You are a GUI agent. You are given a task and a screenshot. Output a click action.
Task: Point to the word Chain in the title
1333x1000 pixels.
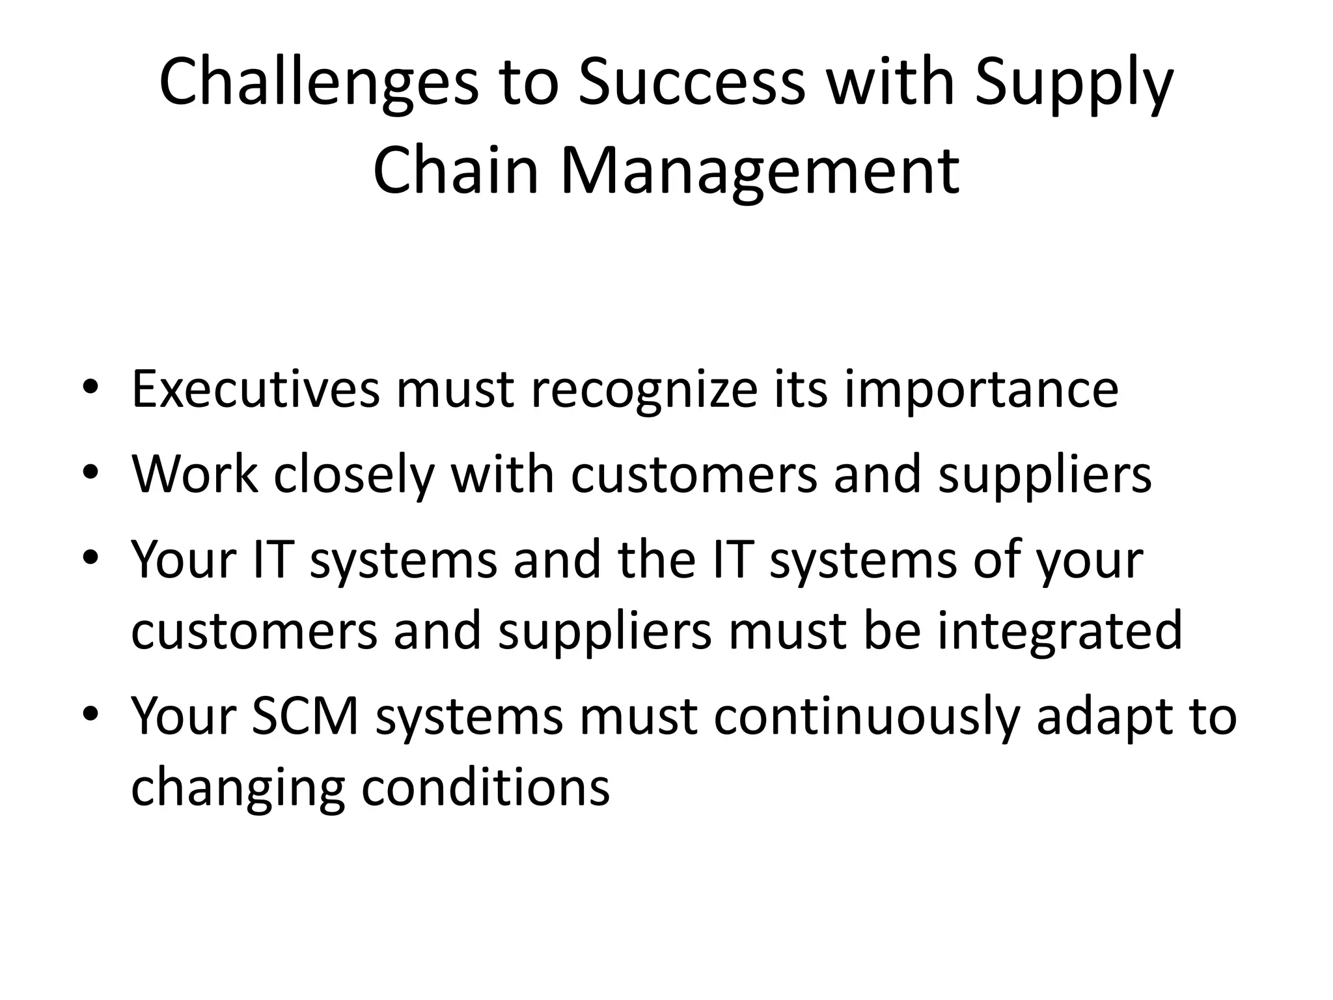pyautogui.click(x=456, y=171)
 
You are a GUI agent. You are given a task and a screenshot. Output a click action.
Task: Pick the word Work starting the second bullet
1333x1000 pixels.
pyautogui.click(x=195, y=474)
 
